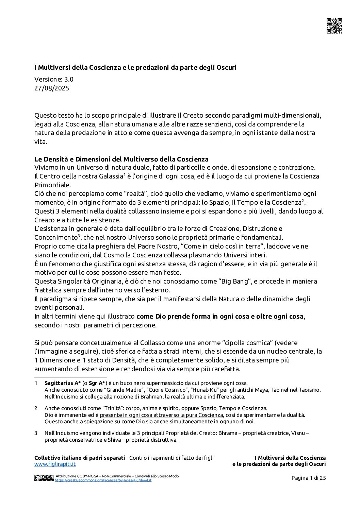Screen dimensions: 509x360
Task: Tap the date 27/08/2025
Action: [52, 88]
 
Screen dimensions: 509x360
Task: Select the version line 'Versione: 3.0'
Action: [54, 80]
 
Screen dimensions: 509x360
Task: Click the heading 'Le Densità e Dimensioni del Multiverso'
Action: [121, 159]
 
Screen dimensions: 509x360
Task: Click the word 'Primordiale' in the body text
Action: [53, 185]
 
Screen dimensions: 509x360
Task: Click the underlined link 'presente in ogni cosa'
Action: [161, 415]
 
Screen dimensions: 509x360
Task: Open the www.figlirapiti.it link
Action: [55, 464]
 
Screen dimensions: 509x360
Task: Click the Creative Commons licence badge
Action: [44, 478]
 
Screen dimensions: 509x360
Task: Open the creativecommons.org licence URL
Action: [103, 480]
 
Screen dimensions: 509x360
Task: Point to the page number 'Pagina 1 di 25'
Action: [309, 478]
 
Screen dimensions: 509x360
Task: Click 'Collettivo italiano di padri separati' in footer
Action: [80, 458]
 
